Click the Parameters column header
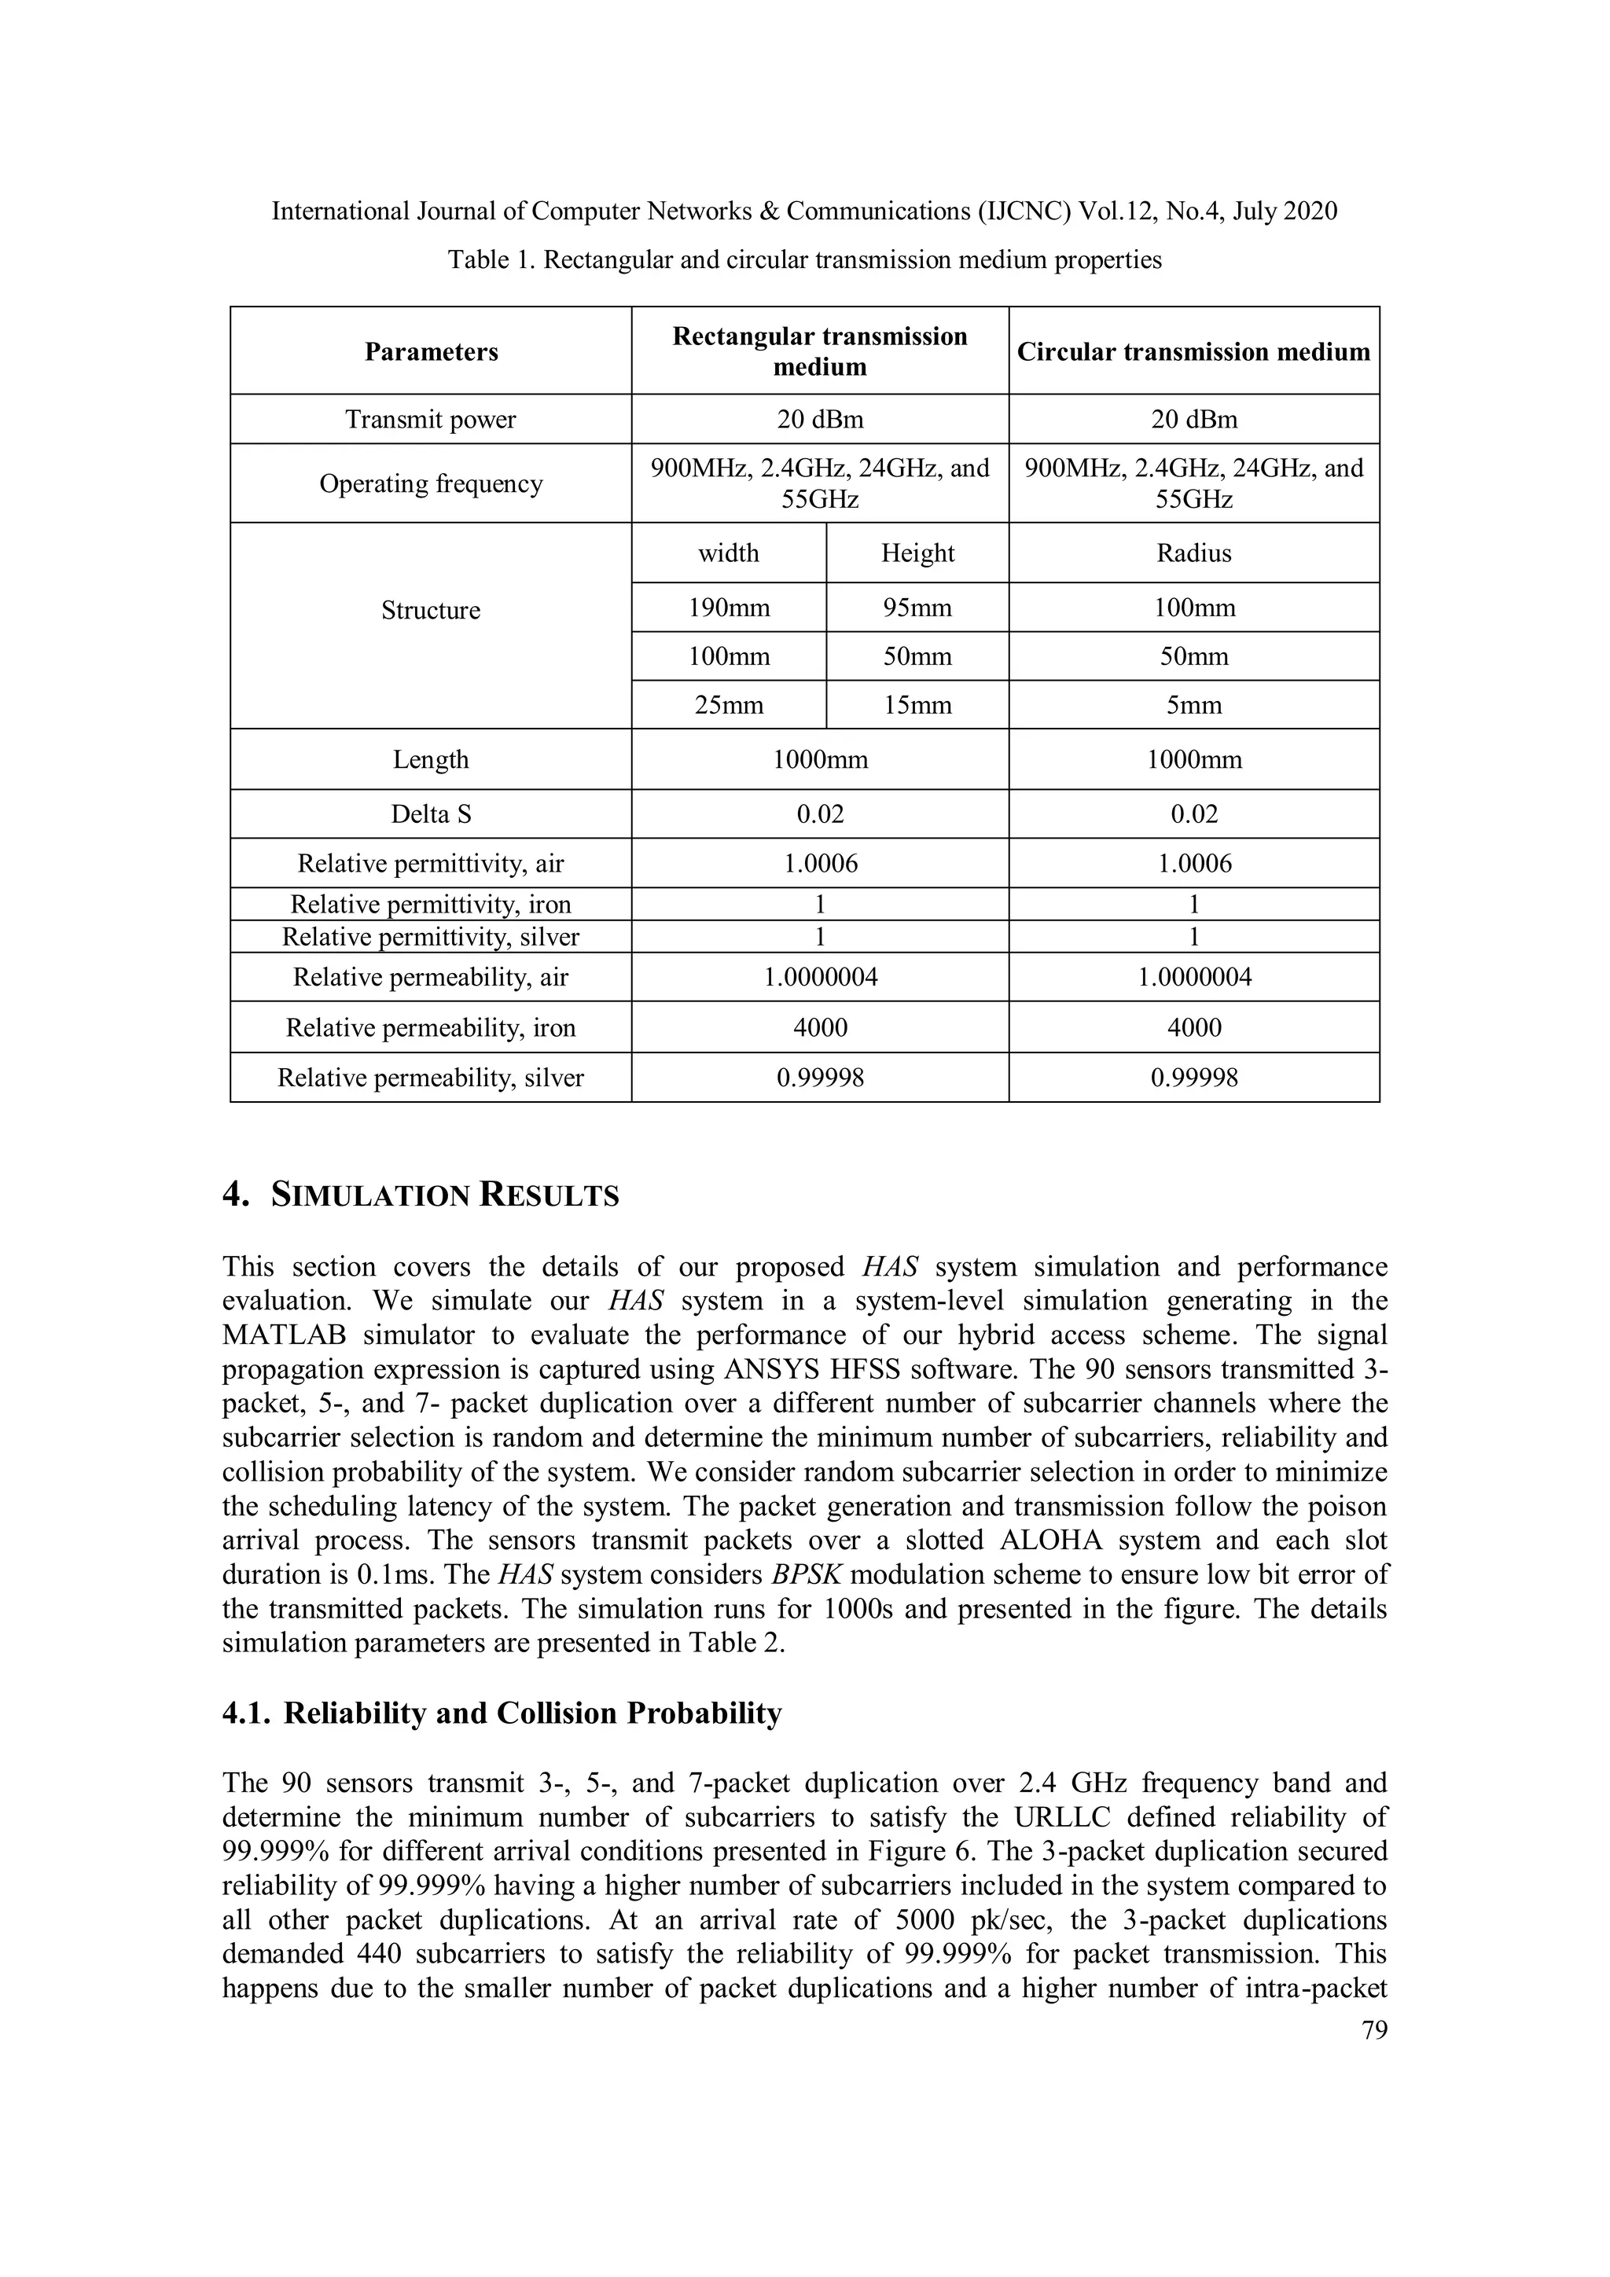431,352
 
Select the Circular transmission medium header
1193,352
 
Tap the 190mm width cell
729,608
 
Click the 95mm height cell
917,608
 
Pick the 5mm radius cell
1193,706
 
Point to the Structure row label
431,610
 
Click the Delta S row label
431,814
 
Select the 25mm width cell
729,706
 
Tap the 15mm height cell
917,706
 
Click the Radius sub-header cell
1193,553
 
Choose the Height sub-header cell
917,553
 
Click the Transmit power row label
431,420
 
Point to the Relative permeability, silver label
431,1078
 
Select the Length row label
431,760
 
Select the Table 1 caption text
804,260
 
